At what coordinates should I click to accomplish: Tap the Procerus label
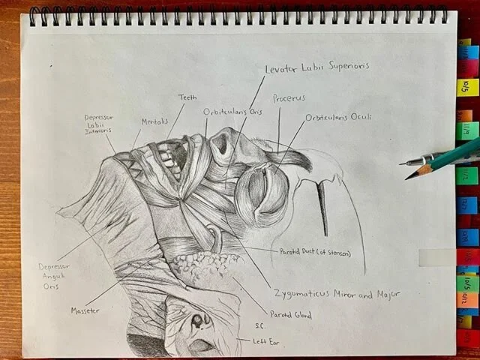pos(289,98)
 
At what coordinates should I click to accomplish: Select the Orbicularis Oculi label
pos(338,118)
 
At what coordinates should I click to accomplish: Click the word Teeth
pos(187,97)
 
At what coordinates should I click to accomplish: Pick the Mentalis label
pos(154,121)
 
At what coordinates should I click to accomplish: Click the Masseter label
pos(85,310)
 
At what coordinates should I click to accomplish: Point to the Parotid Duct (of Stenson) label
pos(315,253)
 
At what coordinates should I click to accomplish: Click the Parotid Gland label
pos(290,315)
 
